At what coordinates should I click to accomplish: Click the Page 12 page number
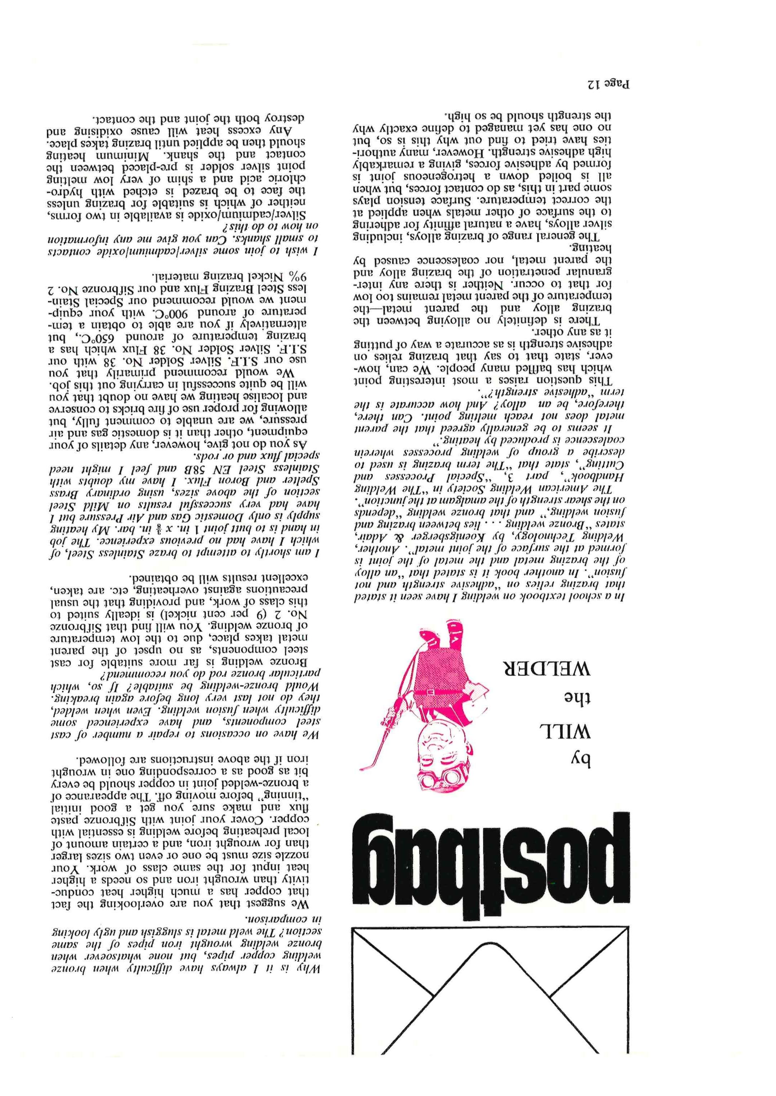(607, 86)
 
